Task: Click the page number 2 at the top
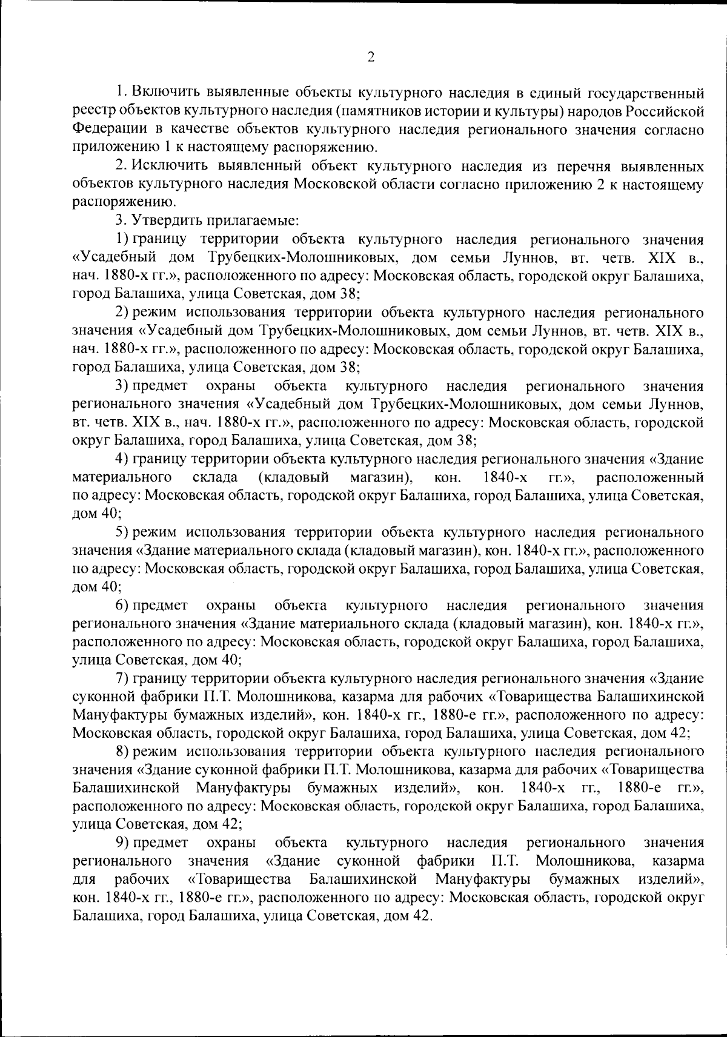[x=371, y=57]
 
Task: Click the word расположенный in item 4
[x=649, y=477]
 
